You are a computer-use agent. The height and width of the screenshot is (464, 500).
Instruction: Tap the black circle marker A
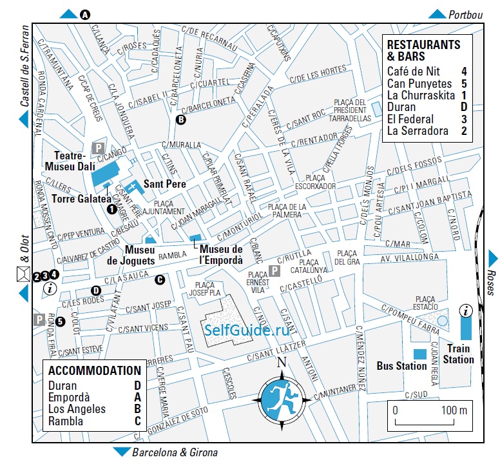[x=85, y=15]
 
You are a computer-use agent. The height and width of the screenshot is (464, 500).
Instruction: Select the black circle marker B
[x=181, y=119]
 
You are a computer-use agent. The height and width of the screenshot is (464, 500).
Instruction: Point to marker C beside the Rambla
[x=160, y=279]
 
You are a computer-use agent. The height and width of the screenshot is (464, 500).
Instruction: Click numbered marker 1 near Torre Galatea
[x=111, y=208]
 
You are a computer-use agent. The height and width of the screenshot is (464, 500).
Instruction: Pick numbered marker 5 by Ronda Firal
[x=60, y=321]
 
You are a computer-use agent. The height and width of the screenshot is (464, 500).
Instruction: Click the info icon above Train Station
[x=465, y=310]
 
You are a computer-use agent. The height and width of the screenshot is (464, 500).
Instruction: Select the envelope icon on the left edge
[x=23, y=276]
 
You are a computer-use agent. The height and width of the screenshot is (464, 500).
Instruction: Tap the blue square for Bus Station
[x=419, y=354]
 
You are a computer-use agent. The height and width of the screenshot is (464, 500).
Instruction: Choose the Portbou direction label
[x=466, y=14]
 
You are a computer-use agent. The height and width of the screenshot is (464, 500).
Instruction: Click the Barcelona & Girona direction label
[x=174, y=452]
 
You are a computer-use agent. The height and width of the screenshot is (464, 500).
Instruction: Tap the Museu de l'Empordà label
[x=221, y=255]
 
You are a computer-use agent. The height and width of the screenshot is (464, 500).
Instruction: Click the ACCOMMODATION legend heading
[x=94, y=370]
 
